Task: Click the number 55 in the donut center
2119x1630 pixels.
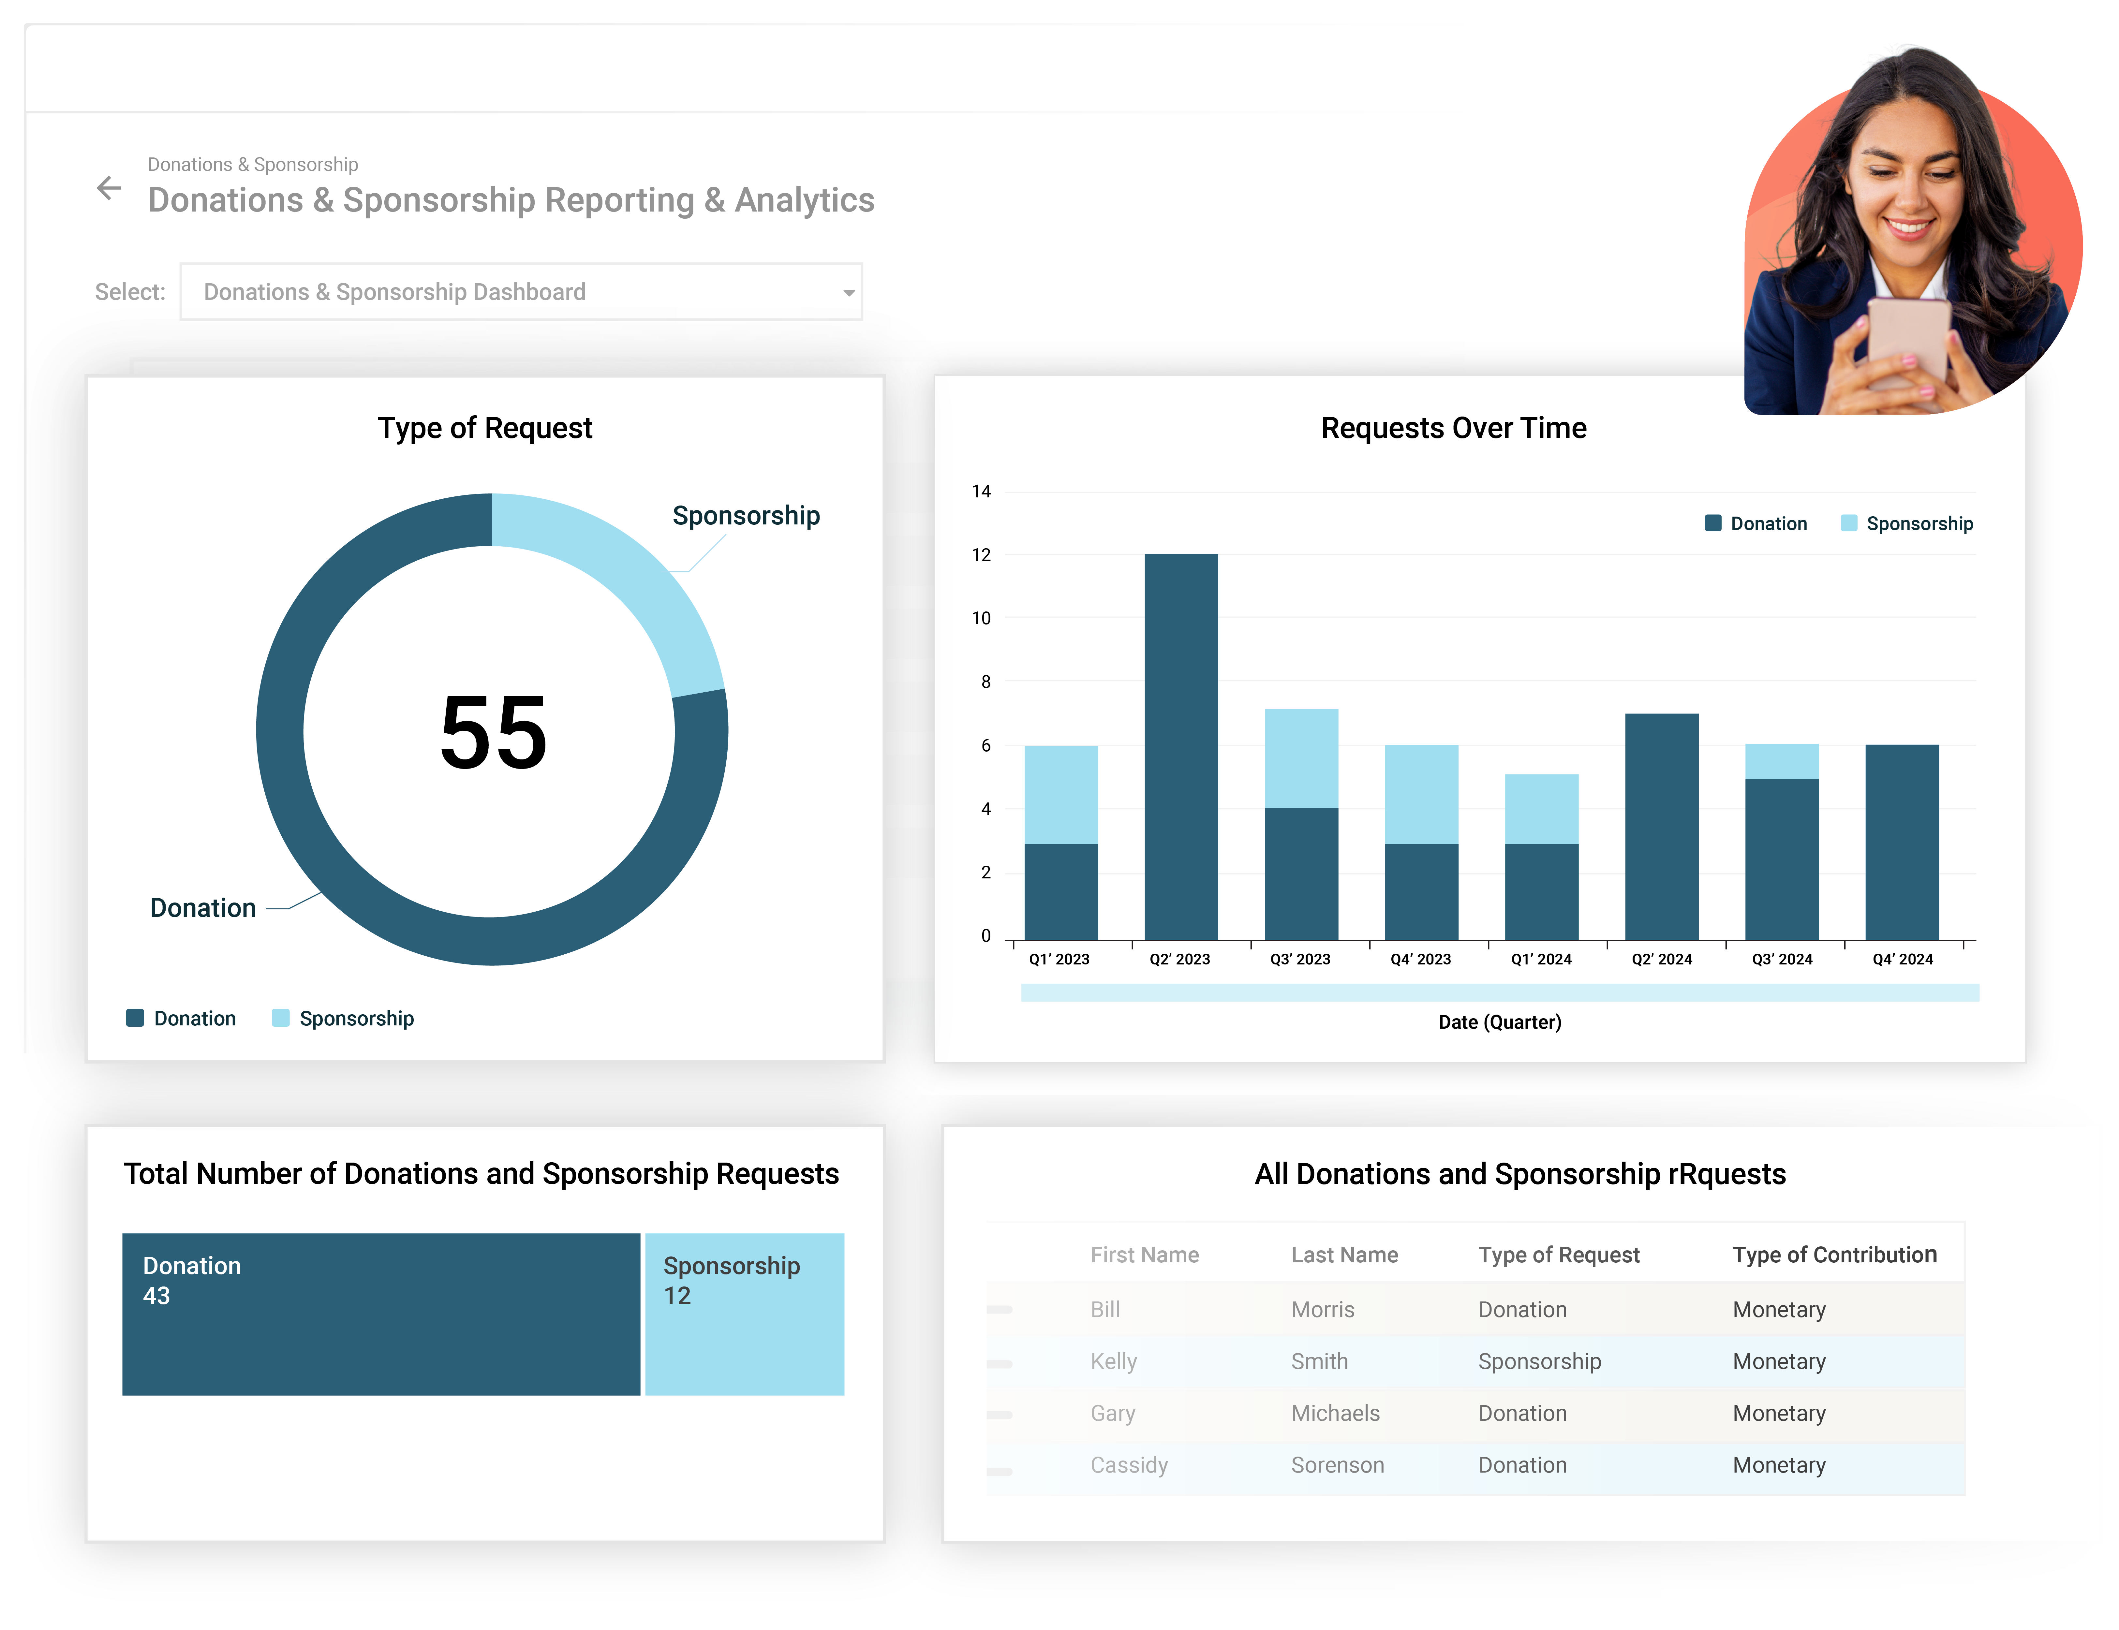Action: (x=493, y=733)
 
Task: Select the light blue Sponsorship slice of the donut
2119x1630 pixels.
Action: (x=621, y=582)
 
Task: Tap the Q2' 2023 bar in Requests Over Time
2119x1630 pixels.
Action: (x=1181, y=747)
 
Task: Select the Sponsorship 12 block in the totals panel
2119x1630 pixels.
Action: (x=744, y=1314)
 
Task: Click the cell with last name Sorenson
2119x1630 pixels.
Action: (x=1337, y=1465)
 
